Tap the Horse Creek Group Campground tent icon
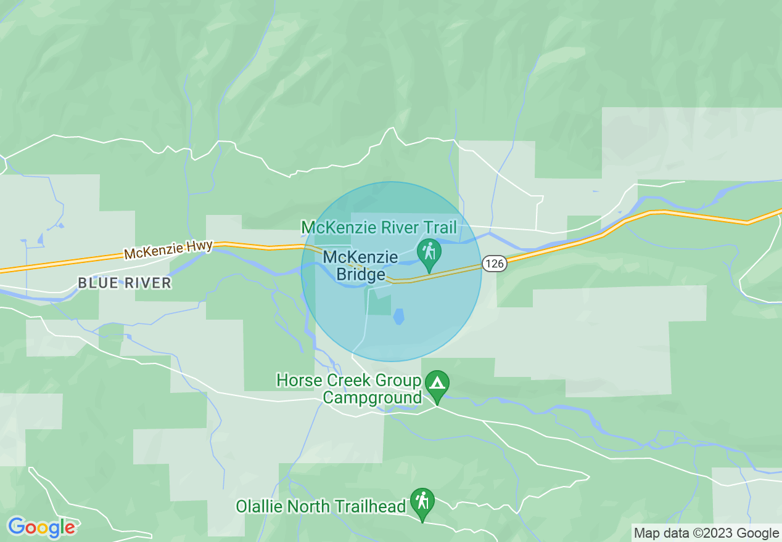[x=437, y=384]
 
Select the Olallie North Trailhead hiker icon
[x=422, y=501]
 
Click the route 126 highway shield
[x=495, y=264]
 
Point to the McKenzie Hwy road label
[x=168, y=249]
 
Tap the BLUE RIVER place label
[x=124, y=283]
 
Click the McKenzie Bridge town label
[x=361, y=265]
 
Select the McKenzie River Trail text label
[x=379, y=228]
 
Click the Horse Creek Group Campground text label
[x=349, y=389]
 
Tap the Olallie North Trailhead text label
[x=321, y=506]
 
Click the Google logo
[x=41, y=527]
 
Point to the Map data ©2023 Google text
[x=707, y=533]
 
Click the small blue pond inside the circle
[x=399, y=317]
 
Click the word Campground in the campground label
[x=372, y=397]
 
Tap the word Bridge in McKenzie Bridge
[x=361, y=275]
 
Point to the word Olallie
[x=260, y=506]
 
